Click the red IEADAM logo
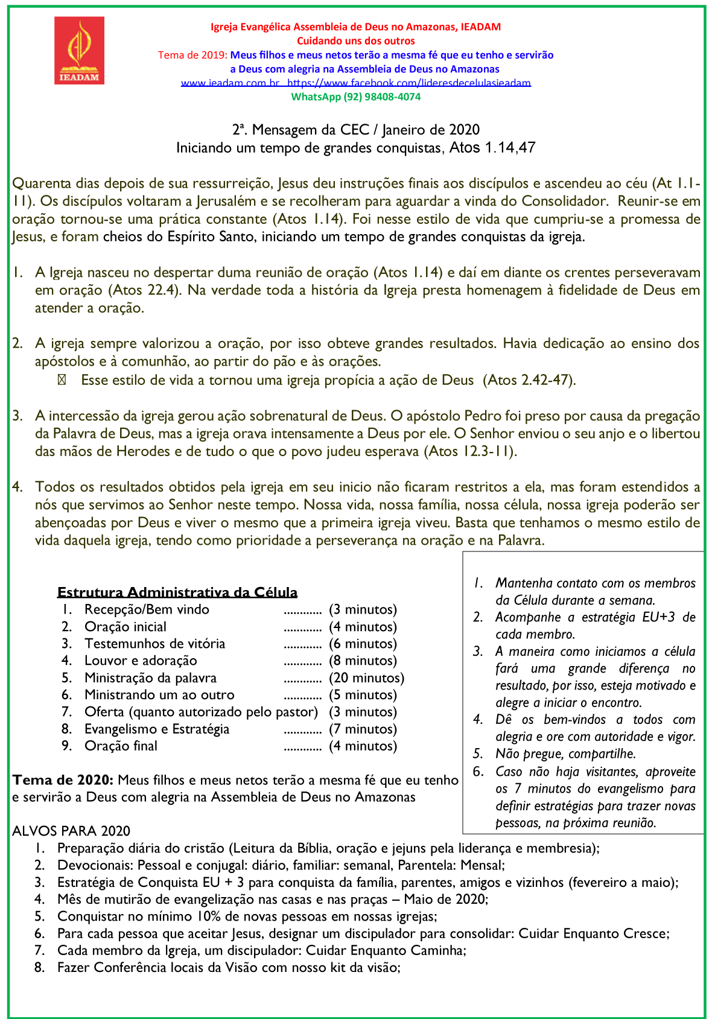(x=79, y=50)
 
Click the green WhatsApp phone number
(x=355, y=97)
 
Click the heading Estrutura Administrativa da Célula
(x=177, y=592)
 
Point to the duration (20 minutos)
(x=366, y=678)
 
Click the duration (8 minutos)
(x=363, y=661)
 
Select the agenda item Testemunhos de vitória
(x=154, y=644)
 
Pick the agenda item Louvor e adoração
(x=141, y=661)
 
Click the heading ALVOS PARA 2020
(x=71, y=831)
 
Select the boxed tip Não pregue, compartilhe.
(x=565, y=754)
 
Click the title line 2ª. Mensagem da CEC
(x=355, y=130)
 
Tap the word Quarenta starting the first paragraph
(x=41, y=183)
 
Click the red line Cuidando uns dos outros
(x=355, y=41)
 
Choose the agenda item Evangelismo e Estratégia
(x=157, y=729)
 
